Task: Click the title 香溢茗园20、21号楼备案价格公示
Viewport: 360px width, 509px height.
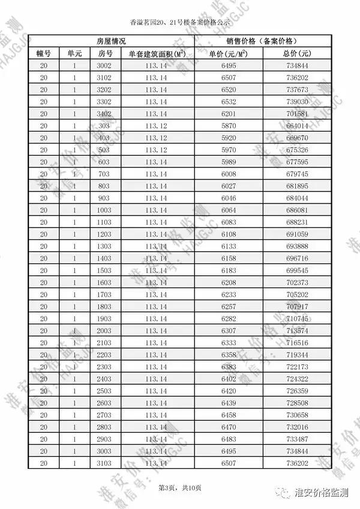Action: (179, 23)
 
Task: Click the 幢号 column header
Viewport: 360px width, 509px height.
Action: (44, 53)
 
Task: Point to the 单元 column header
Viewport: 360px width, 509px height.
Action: (74, 53)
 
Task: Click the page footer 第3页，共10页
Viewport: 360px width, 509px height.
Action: (179, 487)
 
